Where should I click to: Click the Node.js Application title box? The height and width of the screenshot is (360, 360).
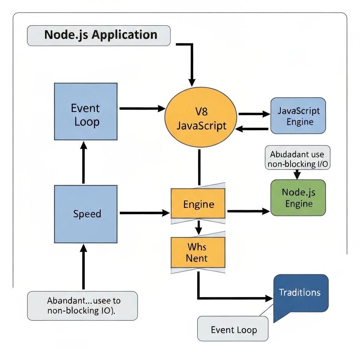tap(98, 36)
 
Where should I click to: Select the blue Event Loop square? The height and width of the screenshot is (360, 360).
tap(85, 111)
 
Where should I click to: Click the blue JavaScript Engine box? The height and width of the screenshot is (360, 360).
tap(298, 116)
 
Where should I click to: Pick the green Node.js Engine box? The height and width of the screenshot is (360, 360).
tap(298, 198)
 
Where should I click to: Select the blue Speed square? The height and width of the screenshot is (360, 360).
tap(85, 214)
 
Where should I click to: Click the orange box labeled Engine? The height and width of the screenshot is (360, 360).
tap(198, 204)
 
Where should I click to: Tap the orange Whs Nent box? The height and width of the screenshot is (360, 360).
tap(198, 252)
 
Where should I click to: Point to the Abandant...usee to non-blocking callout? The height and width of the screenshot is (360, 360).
tap(82, 306)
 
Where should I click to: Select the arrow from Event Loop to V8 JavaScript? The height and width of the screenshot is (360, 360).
tap(142, 109)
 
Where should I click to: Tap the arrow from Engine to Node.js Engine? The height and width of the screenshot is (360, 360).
tap(248, 211)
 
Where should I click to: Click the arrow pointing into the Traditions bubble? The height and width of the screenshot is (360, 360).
tap(236, 298)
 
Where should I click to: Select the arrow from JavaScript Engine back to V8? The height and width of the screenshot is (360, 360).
tap(252, 129)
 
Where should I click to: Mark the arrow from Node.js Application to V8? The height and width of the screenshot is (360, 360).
tap(192, 63)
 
